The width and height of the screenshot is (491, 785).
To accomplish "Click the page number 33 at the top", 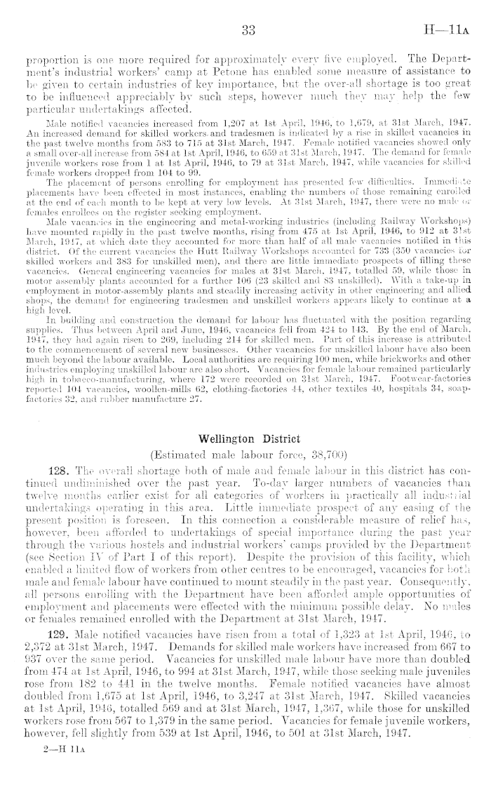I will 246,31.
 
